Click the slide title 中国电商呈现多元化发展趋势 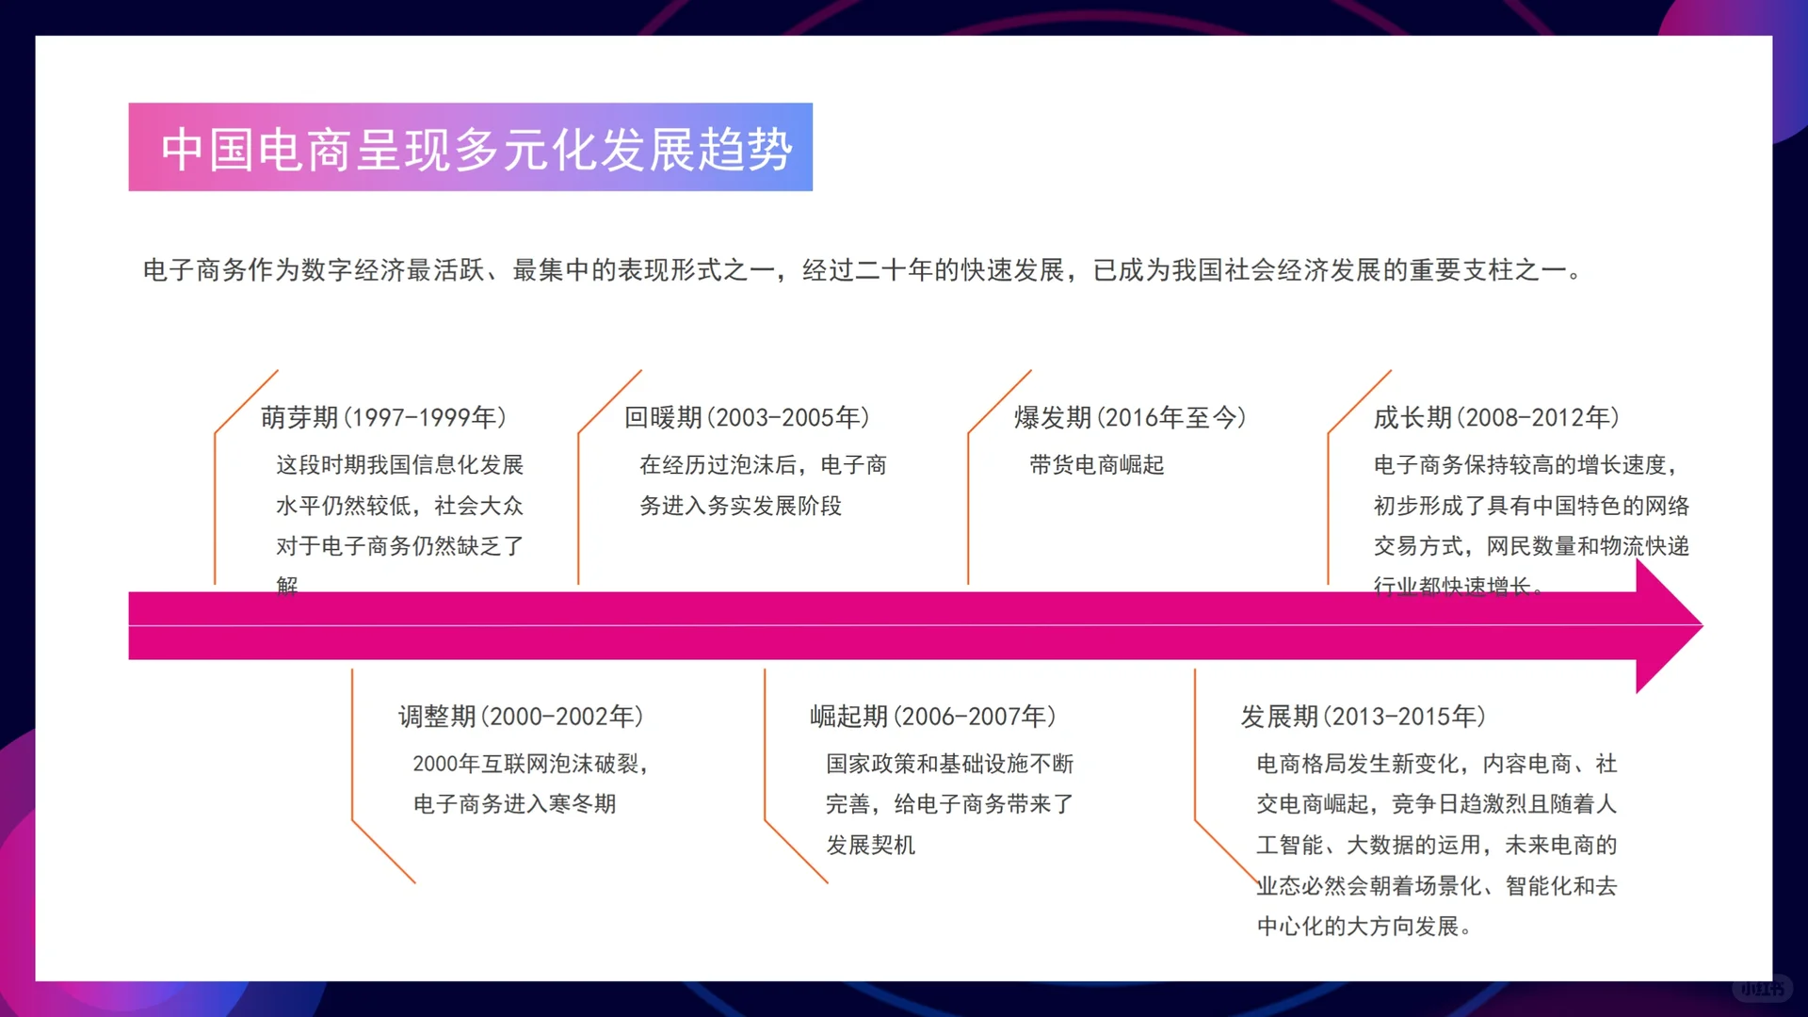[476, 149]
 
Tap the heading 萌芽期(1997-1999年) [383, 417]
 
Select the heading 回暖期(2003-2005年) [747, 417]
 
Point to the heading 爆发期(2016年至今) [1129, 417]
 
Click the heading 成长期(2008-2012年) [1495, 417]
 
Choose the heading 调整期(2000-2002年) [521, 717]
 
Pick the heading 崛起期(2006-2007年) [932, 717]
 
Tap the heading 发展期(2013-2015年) [1363, 717]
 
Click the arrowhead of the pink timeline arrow [1668, 626]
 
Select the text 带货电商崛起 [1096, 465]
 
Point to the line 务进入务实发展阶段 [740, 507]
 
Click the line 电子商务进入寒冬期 [514, 804]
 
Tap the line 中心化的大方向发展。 [1364, 927]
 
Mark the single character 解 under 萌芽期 [287, 586]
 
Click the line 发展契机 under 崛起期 [870, 846]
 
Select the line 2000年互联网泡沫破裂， [531, 764]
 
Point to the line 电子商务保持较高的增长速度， [1525, 465]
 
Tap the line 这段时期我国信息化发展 [399, 465]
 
